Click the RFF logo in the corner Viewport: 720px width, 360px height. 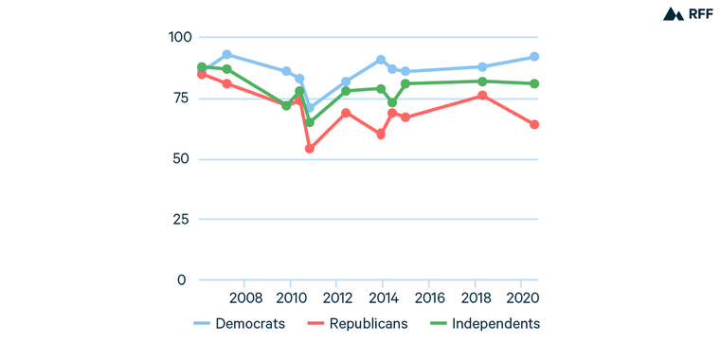[687, 14]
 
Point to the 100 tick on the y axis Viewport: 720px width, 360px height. [178, 37]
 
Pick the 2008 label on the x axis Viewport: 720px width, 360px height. [244, 298]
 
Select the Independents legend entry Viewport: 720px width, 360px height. [483, 324]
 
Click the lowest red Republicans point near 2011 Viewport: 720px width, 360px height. [310, 149]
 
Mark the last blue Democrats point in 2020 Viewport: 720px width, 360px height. [534, 57]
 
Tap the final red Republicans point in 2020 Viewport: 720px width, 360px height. [534, 124]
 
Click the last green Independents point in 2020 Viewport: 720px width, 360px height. [534, 83]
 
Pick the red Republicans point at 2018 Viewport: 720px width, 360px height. [482, 96]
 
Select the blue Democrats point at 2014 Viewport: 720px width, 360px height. [381, 60]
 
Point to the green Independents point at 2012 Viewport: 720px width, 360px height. [346, 91]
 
